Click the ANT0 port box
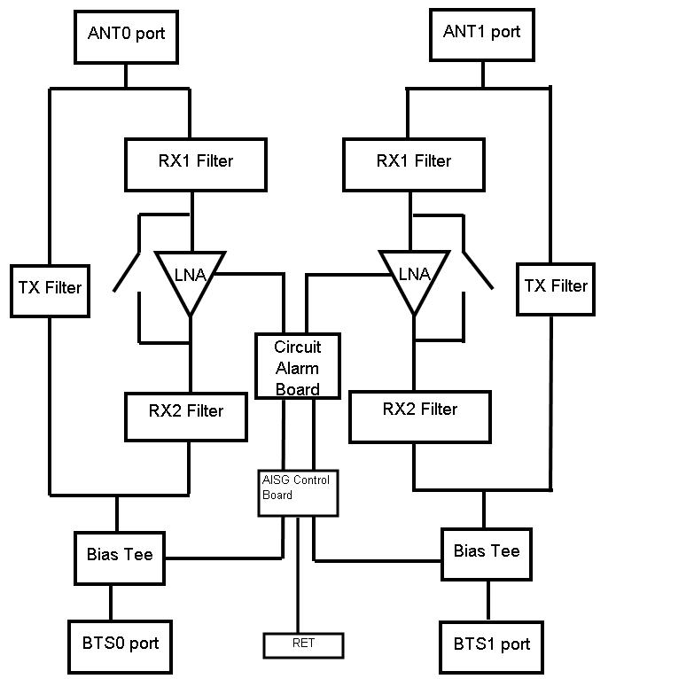pos(126,35)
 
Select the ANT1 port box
pos(481,34)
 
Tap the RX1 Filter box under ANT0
pos(195,164)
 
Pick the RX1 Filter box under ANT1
pos(413,163)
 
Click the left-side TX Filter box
pos(50,289)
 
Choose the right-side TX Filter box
pos(556,287)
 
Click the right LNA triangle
pos(414,277)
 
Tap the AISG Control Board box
pos(297,491)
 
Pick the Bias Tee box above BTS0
pos(120,557)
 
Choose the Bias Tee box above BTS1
pos(487,553)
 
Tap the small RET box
pos(303,645)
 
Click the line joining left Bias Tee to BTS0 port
pos(111,603)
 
